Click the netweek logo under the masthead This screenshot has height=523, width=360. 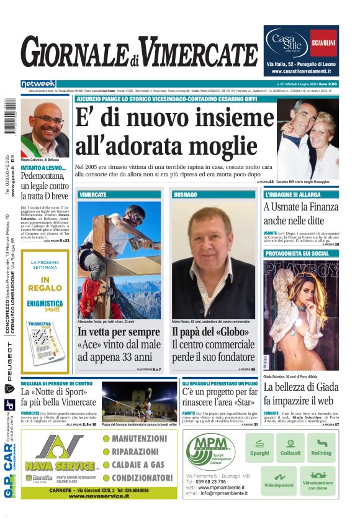click(38, 83)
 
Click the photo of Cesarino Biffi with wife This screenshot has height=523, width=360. click(307, 140)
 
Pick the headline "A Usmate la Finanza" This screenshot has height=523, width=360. click(300, 207)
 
